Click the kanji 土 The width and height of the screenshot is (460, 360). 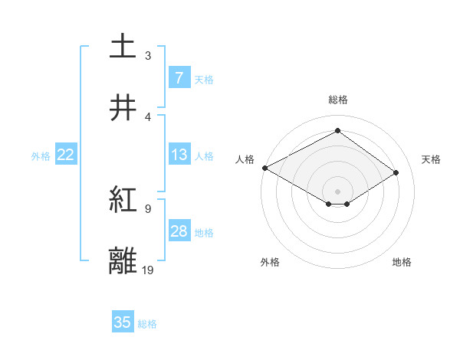(123, 46)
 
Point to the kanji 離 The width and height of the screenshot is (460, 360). (123, 261)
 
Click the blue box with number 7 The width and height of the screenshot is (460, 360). (179, 78)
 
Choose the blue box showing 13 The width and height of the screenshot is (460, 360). (179, 155)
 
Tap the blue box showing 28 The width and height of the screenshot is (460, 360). (179, 231)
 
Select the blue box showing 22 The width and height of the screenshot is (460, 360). (66, 155)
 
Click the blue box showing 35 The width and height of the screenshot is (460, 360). (123, 322)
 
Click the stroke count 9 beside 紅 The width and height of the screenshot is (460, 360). (148, 208)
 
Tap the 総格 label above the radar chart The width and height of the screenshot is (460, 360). (337, 100)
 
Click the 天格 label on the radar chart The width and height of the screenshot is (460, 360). (431, 159)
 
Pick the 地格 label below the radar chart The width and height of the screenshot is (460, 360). (402, 262)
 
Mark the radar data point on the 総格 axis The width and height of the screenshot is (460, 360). (337, 131)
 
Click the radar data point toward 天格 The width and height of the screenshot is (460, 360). (396, 173)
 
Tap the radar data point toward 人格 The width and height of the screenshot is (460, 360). (264, 167)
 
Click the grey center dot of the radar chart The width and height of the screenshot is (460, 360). (337, 191)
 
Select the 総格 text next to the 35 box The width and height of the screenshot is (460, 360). (147, 324)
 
